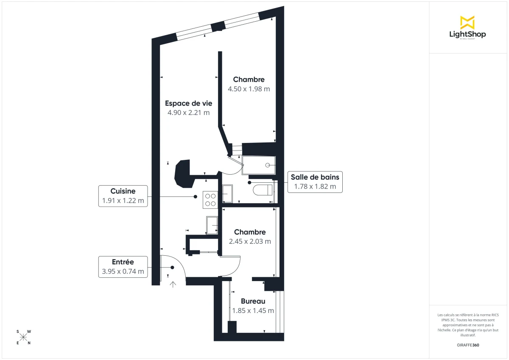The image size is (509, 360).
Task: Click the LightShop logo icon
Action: pyautogui.click(x=467, y=22)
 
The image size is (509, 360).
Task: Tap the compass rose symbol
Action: pyautogui.click(x=24, y=337)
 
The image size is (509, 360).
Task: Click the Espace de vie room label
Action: pyautogui.click(x=188, y=103)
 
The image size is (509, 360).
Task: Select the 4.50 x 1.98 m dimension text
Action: pyautogui.click(x=249, y=89)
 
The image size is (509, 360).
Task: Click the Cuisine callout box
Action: pyautogui.click(x=123, y=196)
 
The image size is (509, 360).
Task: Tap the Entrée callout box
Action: pyautogui.click(x=123, y=267)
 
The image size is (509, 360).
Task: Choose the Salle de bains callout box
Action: pyautogui.click(x=314, y=182)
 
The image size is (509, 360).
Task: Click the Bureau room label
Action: pyautogui.click(x=253, y=301)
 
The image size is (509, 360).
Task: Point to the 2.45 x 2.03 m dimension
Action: pyautogui.click(x=249, y=242)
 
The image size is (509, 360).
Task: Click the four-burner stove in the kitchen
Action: pyautogui.click(x=210, y=199)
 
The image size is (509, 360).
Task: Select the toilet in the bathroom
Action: pyautogui.click(x=263, y=190)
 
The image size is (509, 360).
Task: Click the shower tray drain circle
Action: pyautogui.click(x=268, y=165)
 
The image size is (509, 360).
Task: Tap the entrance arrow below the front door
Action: pyautogui.click(x=173, y=284)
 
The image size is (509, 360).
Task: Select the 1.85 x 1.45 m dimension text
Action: pyautogui.click(x=253, y=310)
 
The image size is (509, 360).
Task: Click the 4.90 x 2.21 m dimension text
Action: pyautogui.click(x=188, y=112)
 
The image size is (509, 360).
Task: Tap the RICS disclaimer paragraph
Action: pyautogui.click(x=468, y=325)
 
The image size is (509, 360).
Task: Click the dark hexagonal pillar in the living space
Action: pyautogui.click(x=184, y=173)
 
